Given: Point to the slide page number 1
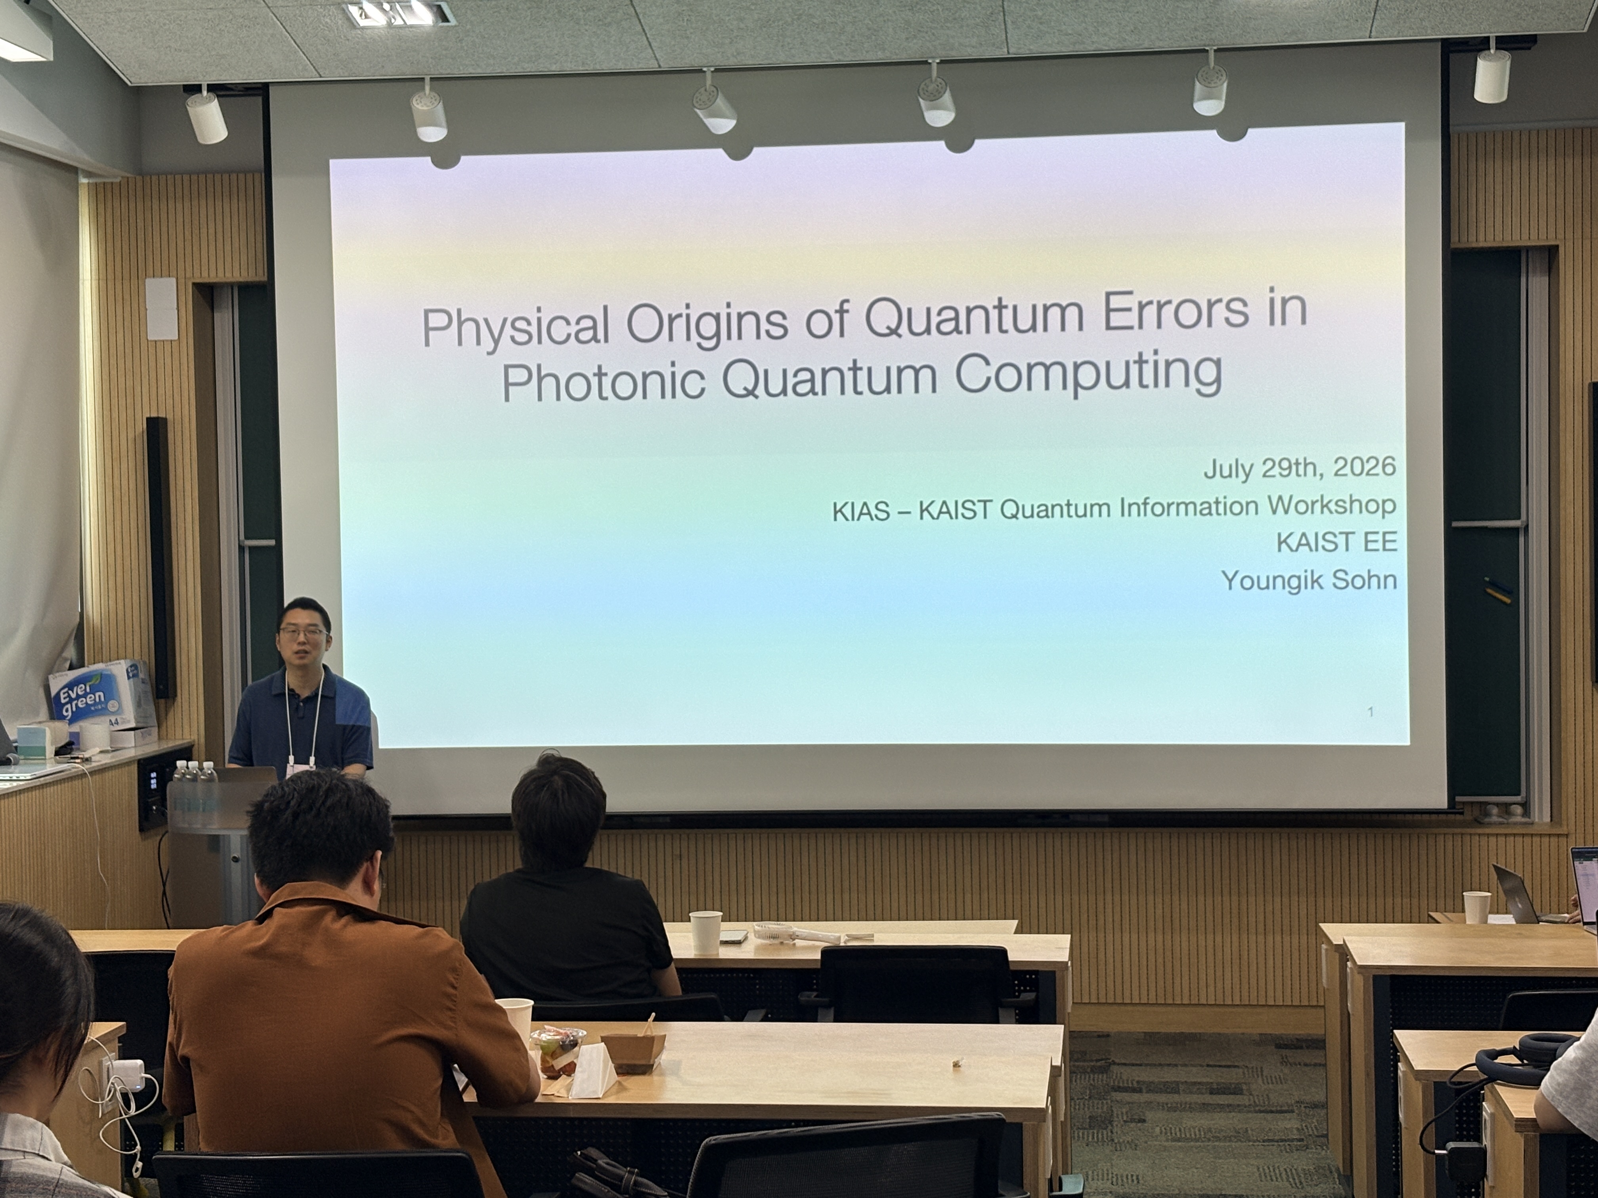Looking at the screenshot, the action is click(x=1371, y=712).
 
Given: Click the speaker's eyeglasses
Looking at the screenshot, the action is click(x=303, y=633).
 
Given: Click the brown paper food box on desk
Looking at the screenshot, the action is click(x=633, y=1051).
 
